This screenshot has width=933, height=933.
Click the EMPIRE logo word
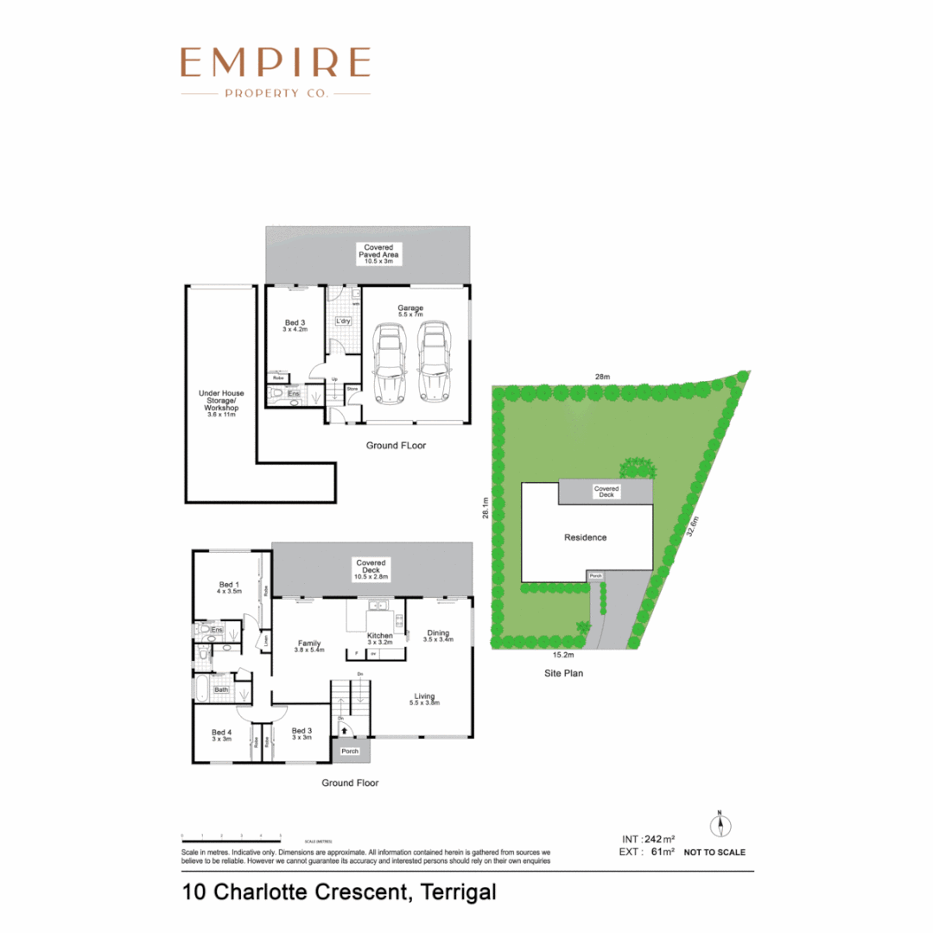[276, 63]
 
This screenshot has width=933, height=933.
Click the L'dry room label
[342, 321]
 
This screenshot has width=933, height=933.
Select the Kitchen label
[380, 638]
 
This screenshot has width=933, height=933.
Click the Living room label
[425, 698]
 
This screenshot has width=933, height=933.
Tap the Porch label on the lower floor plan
[349, 751]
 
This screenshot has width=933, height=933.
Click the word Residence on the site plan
[586, 537]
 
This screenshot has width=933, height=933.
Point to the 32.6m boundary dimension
[692, 526]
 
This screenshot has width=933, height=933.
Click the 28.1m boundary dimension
[486, 507]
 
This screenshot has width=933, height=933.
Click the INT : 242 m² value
[649, 839]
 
